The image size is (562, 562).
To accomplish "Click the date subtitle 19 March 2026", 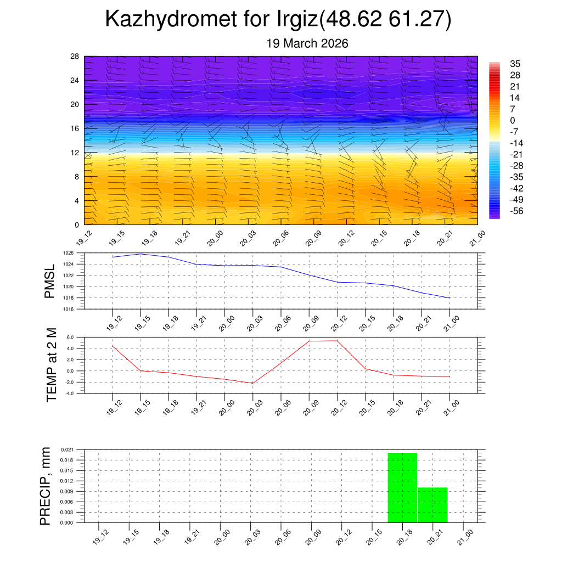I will pos(307,43).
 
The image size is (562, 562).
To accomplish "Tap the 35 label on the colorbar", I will pos(515,64).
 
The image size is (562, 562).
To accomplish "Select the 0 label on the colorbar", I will pos(513,120).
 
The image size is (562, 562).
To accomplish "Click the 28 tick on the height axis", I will pos(75,57).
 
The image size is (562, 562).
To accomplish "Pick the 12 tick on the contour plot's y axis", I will pos(75,153).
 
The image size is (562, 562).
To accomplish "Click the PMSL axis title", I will pos(49,281).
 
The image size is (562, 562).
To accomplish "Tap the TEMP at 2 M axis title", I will pos(52,364).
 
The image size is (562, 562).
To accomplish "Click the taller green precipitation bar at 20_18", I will pos(402,487).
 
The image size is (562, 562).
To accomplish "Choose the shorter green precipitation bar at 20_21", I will pos(433,505).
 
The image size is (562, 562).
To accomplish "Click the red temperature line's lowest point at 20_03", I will pos(252,383).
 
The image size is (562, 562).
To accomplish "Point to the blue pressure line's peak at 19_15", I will pos(141,254).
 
